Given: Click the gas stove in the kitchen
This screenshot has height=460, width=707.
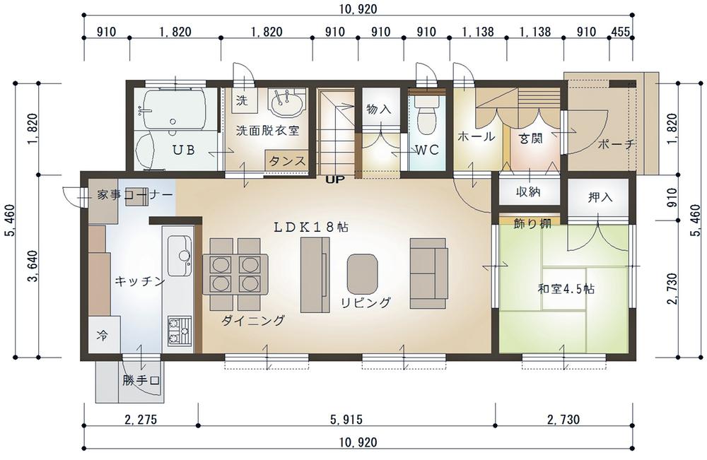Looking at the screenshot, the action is click(x=180, y=331).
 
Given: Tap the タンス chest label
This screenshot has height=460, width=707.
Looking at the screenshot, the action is click(x=288, y=161).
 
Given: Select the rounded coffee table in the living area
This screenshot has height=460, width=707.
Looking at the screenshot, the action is click(x=362, y=273).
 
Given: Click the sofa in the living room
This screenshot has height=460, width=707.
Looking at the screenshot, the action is click(x=428, y=273).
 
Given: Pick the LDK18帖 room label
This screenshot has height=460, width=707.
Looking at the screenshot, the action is click(x=311, y=227).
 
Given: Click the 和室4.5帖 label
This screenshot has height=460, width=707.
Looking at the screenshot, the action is click(x=566, y=288).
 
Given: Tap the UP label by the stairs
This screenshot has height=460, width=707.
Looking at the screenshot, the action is click(x=335, y=179).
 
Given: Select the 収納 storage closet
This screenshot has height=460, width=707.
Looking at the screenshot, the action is click(x=528, y=192).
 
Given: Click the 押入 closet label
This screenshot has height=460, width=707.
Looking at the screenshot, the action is click(x=600, y=197).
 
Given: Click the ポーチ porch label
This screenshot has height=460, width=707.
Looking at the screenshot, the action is click(x=617, y=145).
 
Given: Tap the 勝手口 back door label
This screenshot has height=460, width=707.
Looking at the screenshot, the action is click(x=141, y=381).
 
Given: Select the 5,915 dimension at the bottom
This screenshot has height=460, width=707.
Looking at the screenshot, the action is click(x=346, y=420).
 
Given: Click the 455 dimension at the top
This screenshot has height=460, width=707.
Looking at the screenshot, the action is click(x=621, y=32).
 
